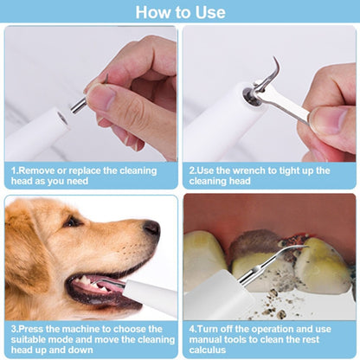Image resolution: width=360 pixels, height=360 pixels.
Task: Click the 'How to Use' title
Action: (179, 12)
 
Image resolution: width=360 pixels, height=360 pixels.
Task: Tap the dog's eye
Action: (72, 222)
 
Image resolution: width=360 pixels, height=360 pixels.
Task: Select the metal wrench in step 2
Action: (281, 103)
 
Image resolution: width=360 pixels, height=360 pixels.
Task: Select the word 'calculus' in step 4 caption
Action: (210, 351)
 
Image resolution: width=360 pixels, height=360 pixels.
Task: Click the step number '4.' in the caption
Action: (193, 329)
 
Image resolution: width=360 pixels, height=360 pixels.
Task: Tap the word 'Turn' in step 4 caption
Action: (212, 329)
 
